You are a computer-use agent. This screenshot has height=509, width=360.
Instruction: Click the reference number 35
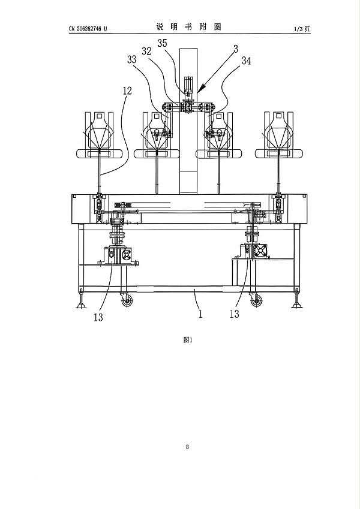coord(162,43)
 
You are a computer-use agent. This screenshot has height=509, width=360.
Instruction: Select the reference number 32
coord(147,51)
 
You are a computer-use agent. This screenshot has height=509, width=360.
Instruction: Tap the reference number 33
coord(132,59)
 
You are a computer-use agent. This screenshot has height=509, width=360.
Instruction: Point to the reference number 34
coord(246,61)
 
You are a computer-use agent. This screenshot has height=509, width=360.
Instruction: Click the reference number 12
coord(127,91)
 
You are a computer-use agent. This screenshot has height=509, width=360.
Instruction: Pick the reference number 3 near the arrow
coord(236,49)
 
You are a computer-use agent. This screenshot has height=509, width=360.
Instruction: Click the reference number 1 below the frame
coord(200,314)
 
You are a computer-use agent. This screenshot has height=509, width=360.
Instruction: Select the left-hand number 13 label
coord(98,317)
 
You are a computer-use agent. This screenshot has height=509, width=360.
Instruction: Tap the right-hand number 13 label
coord(234,314)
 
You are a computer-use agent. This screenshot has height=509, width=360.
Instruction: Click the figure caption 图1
coord(188,340)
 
